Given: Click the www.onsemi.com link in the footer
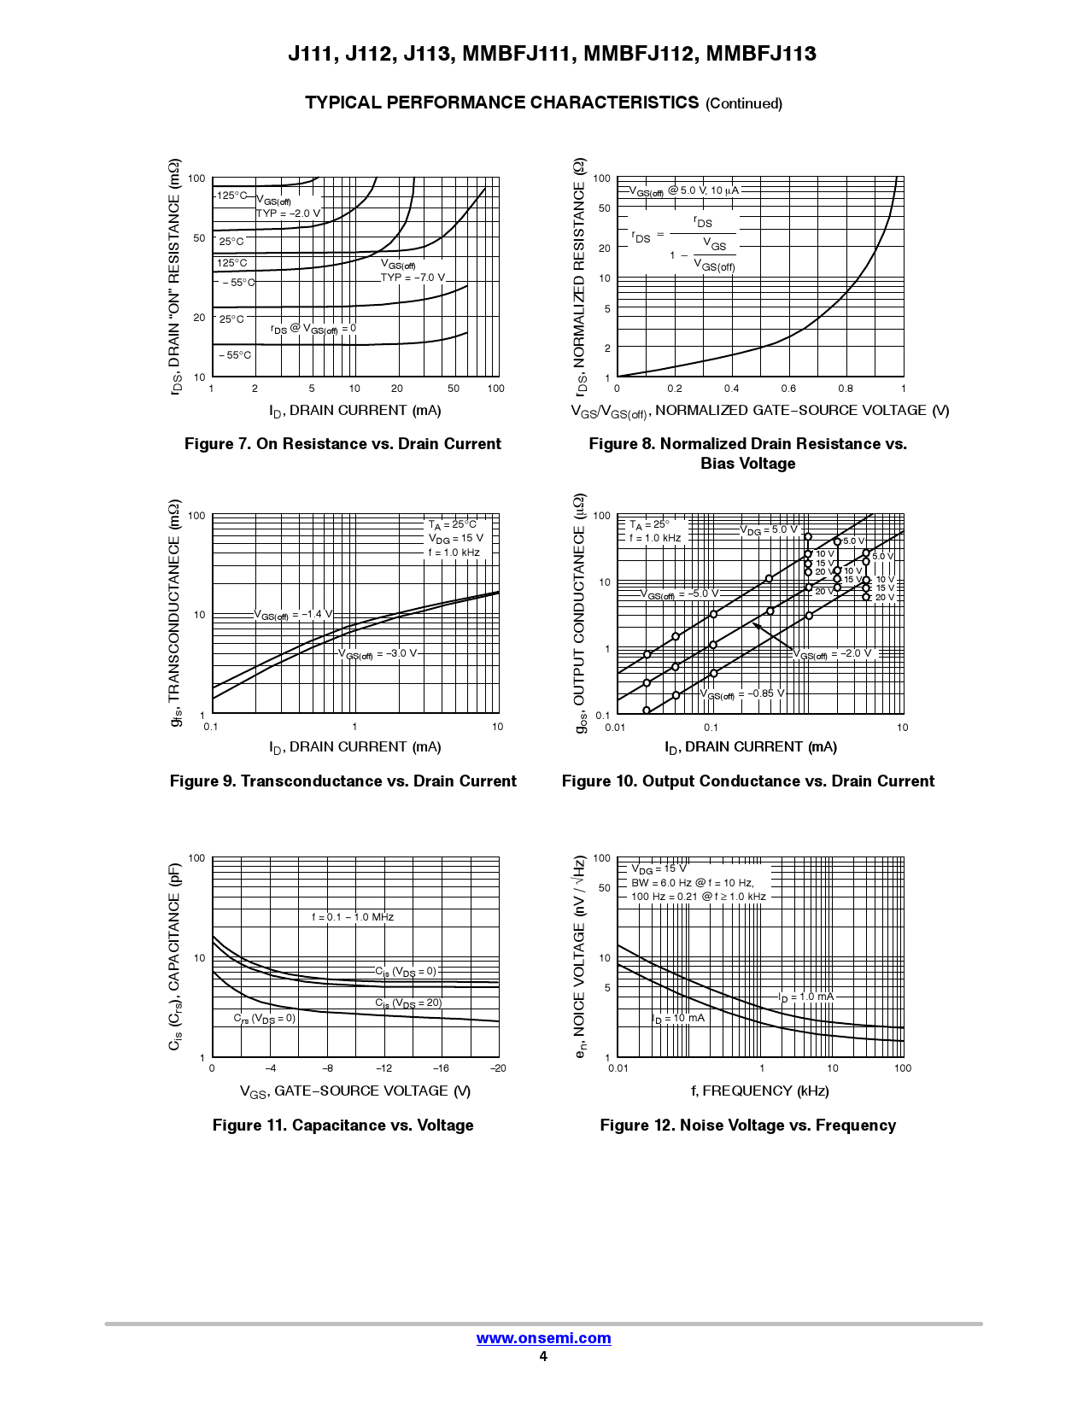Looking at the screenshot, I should pos(543,1338).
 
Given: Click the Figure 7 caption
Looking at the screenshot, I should pos(343,444).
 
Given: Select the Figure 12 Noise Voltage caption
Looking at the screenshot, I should pos(747,1125).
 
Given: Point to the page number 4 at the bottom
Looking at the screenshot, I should pos(543,1357).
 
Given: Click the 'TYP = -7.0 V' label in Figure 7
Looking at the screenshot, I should pos(413,278).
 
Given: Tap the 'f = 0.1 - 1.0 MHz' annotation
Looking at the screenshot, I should pos(353,917).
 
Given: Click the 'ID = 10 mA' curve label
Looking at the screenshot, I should pos(678,1018).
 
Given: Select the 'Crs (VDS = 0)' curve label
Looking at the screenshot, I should pos(265,1019).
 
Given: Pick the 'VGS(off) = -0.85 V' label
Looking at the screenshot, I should pos(742,694).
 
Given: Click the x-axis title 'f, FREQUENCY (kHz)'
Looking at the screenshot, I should pos(759,1090).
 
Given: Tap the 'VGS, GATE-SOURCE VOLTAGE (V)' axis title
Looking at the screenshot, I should pos(355,1091).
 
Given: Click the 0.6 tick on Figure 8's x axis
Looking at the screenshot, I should pos(788,389).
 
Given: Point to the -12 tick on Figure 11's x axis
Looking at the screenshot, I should pos(384,1068).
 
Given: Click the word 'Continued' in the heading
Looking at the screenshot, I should pos(744,103).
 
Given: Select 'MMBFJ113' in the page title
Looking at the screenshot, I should pos(761,54).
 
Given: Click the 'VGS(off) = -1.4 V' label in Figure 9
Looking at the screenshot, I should pos(292,615).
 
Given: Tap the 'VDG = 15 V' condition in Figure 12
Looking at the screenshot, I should pos(659,869).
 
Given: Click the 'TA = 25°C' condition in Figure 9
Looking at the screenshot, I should pos(453,525).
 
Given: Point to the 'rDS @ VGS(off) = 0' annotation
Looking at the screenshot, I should pos(313,329).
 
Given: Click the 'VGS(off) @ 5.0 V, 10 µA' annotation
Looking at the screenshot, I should pos(684,191).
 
